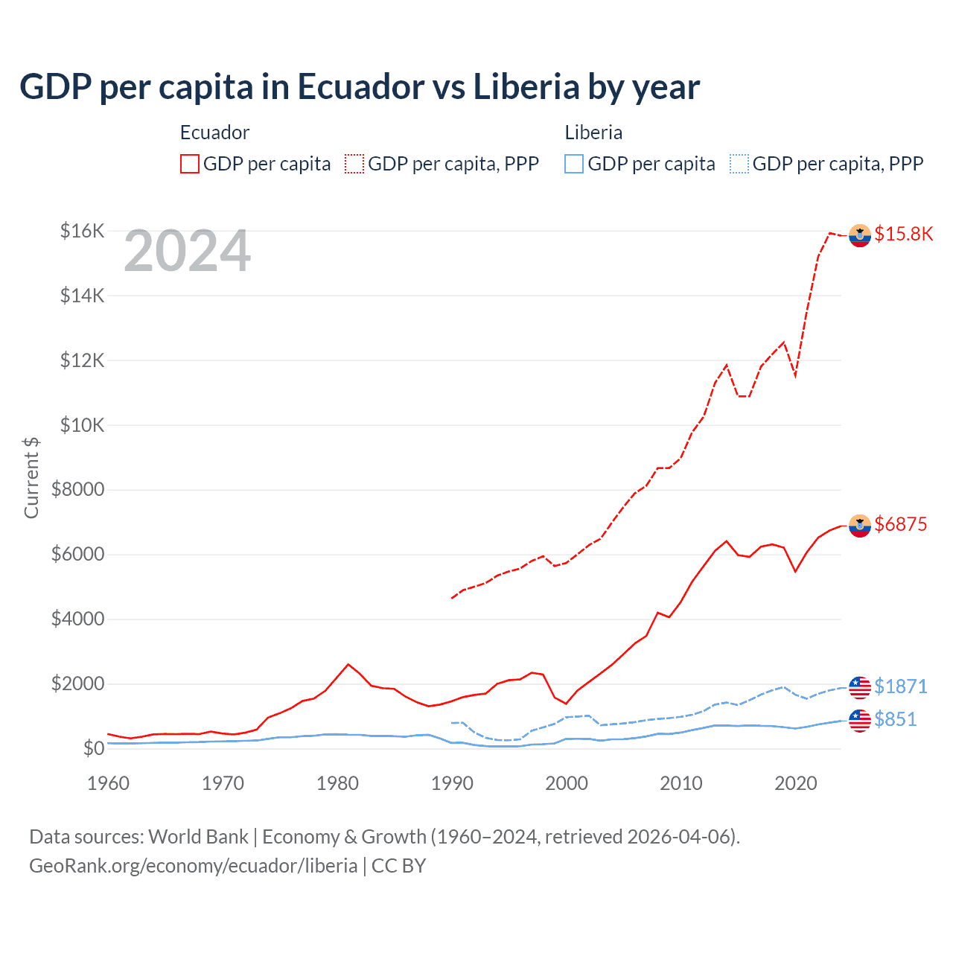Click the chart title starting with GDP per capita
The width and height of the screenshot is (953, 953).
point(360,87)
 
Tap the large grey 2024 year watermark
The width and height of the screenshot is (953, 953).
point(187,252)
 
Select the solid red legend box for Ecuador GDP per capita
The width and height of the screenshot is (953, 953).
point(190,164)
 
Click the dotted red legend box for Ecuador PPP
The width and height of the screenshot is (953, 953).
point(354,164)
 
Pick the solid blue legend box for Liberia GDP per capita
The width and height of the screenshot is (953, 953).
point(574,164)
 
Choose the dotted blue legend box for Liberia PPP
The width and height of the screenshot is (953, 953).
point(739,164)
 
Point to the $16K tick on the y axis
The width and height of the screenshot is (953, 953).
point(82,231)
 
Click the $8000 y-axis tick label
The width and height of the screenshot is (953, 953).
point(77,490)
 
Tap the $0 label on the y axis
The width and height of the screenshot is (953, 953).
point(93,748)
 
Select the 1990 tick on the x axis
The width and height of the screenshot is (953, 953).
point(452,783)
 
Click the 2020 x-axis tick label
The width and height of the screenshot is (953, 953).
point(796,783)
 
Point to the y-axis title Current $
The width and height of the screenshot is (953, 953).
point(31,478)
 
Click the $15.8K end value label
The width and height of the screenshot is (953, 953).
point(903,235)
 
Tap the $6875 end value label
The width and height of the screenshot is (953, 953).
point(900,525)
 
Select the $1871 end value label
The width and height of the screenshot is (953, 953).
point(900,686)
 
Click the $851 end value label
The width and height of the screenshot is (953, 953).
point(896,720)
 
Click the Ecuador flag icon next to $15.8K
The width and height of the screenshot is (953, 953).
point(860,235)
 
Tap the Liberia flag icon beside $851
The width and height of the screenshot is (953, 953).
point(860,720)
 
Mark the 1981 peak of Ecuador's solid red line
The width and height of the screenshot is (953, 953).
point(348,664)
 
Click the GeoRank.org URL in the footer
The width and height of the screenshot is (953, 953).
point(194,866)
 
